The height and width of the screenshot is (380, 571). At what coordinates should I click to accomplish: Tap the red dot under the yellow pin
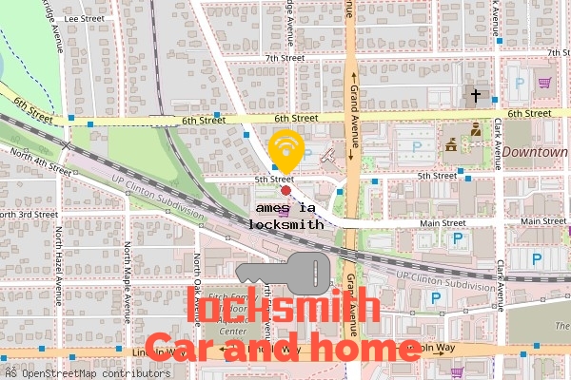click(285, 190)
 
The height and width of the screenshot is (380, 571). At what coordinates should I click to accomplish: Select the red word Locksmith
click(288, 309)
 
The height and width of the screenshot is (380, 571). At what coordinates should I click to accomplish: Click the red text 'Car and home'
click(283, 349)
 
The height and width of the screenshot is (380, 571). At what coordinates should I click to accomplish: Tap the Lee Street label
click(84, 18)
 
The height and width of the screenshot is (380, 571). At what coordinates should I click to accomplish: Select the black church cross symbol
click(476, 95)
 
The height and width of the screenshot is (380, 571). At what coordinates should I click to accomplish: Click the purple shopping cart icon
click(544, 83)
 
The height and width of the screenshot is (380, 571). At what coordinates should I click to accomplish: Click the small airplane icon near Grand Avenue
click(328, 154)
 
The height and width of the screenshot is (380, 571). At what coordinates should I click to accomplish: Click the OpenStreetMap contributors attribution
click(81, 372)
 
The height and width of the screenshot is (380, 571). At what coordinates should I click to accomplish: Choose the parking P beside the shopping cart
click(521, 84)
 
